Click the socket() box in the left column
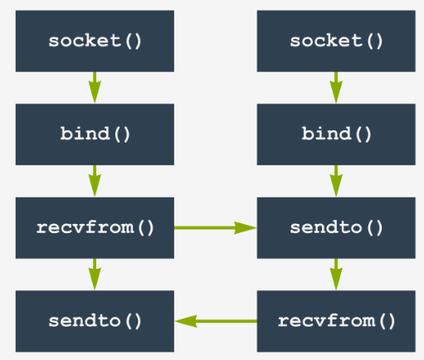(x=95, y=41)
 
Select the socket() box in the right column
(x=336, y=41)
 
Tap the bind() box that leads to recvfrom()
(x=95, y=134)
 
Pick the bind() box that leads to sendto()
(x=336, y=134)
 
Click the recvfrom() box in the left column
(x=95, y=228)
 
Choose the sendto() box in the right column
(x=336, y=228)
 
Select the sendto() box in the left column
(x=95, y=321)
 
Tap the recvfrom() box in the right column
(x=336, y=321)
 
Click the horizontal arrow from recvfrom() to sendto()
(x=216, y=228)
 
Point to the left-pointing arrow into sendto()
(x=216, y=321)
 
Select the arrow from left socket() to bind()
(x=95, y=88)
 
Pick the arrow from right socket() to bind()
(x=336, y=88)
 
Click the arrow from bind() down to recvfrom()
(x=95, y=181)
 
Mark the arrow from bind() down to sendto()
(x=336, y=181)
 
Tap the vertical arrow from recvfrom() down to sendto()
(x=95, y=275)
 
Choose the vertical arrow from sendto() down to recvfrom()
(x=336, y=275)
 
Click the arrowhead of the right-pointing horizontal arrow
(x=246, y=228)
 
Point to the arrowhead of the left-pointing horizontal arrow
(x=186, y=321)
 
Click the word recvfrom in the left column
(x=85, y=227)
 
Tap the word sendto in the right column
(x=326, y=227)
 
